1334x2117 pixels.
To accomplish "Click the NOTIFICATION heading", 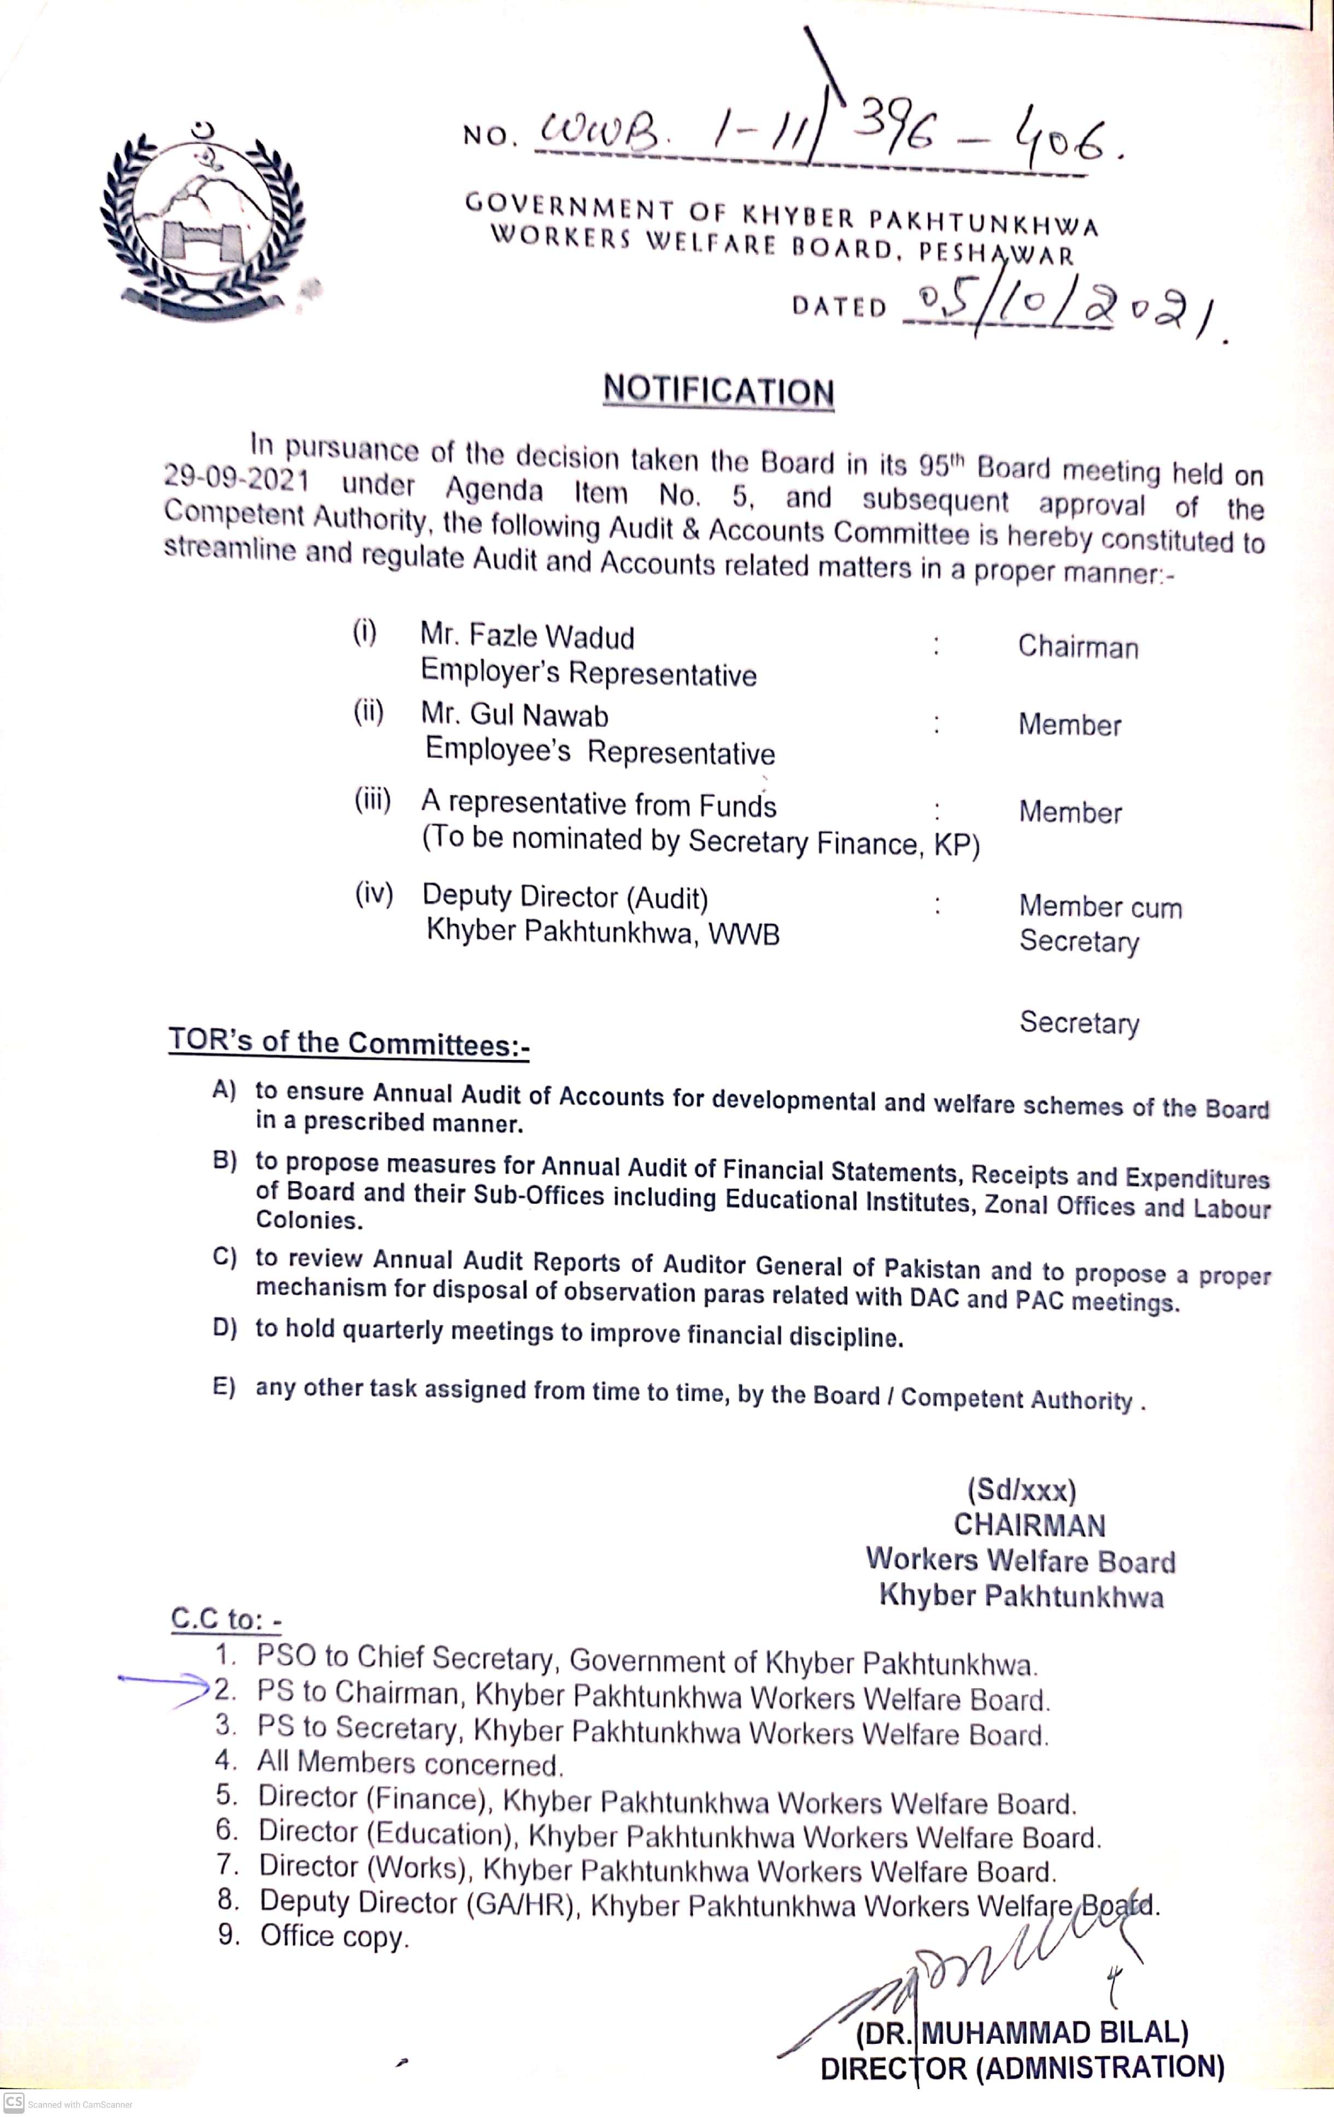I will click(718, 390).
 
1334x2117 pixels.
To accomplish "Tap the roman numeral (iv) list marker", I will click(373, 894).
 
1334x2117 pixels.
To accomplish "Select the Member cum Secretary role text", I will click(1099, 923).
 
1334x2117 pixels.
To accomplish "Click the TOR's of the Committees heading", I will click(349, 1043).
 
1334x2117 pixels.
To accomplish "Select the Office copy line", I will click(334, 1936).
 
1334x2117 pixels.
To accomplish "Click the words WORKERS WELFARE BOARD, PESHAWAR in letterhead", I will click(782, 246).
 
